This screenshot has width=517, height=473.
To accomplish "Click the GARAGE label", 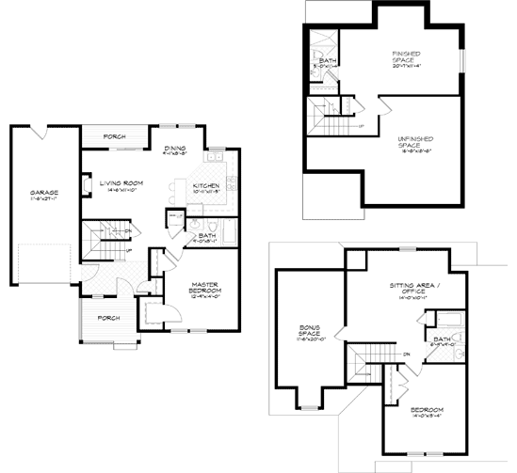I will (x=44, y=195).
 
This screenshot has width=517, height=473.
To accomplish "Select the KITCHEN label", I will (x=206, y=187).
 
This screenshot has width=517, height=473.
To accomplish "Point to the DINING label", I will (x=175, y=149).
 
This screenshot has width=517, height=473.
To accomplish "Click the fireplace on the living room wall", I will (x=86, y=185).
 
